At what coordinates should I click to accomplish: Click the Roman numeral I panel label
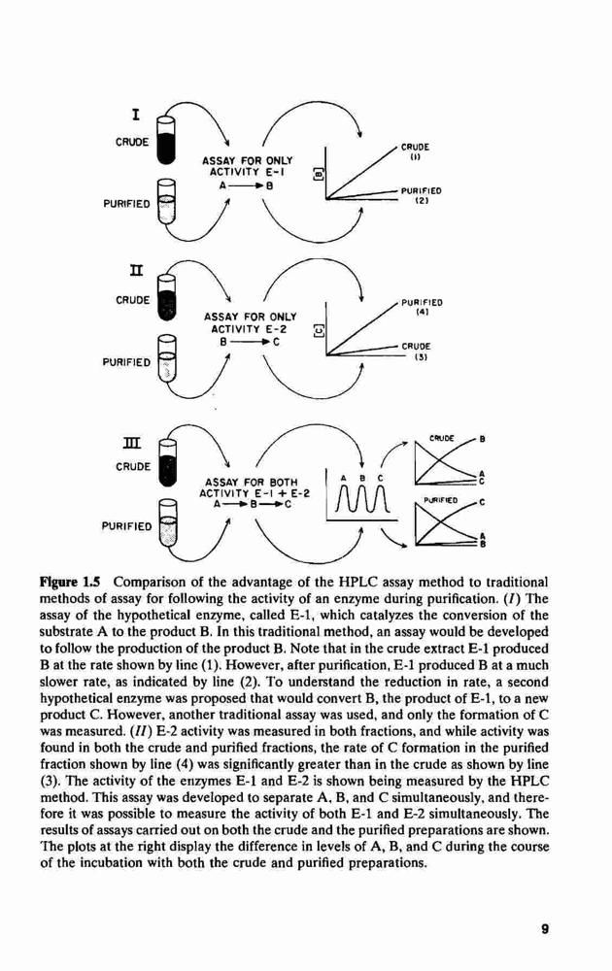point(136,115)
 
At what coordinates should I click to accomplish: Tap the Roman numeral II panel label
point(136,271)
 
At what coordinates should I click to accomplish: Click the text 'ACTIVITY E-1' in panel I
point(248,172)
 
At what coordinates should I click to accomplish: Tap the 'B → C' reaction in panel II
point(248,341)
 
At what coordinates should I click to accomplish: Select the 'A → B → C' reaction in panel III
point(253,505)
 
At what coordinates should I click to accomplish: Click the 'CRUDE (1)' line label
point(415,152)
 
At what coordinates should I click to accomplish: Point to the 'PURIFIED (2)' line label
point(421,196)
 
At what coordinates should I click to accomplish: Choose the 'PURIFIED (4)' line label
point(422,308)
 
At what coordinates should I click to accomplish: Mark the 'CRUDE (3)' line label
point(416,352)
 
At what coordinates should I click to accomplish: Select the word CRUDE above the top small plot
point(441,439)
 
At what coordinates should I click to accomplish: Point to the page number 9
point(544,929)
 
